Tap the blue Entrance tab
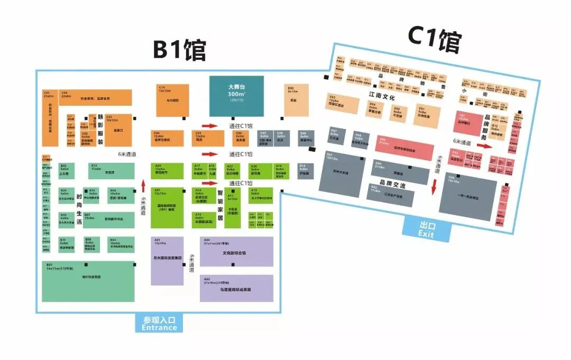(159, 323)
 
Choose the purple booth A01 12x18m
(167, 261)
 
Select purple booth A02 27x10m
(236, 288)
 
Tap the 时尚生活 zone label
(79, 207)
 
